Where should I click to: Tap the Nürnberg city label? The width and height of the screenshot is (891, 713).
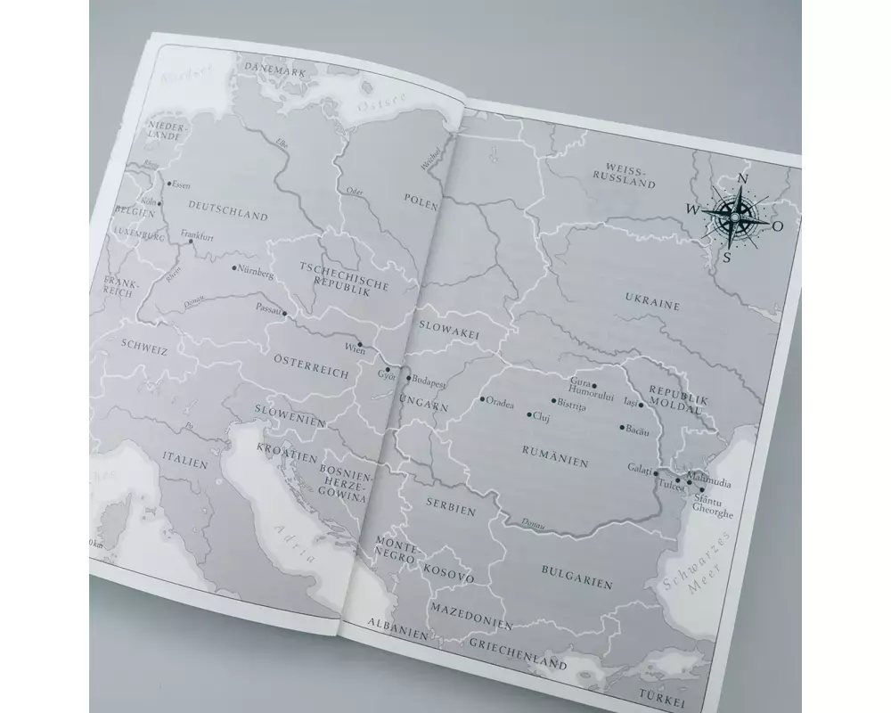[x=253, y=271]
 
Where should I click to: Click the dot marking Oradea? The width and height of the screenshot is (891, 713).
[x=481, y=399]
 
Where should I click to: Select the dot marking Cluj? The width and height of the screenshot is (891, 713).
[x=529, y=415]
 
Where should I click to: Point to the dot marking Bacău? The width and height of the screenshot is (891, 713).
[x=622, y=427]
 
